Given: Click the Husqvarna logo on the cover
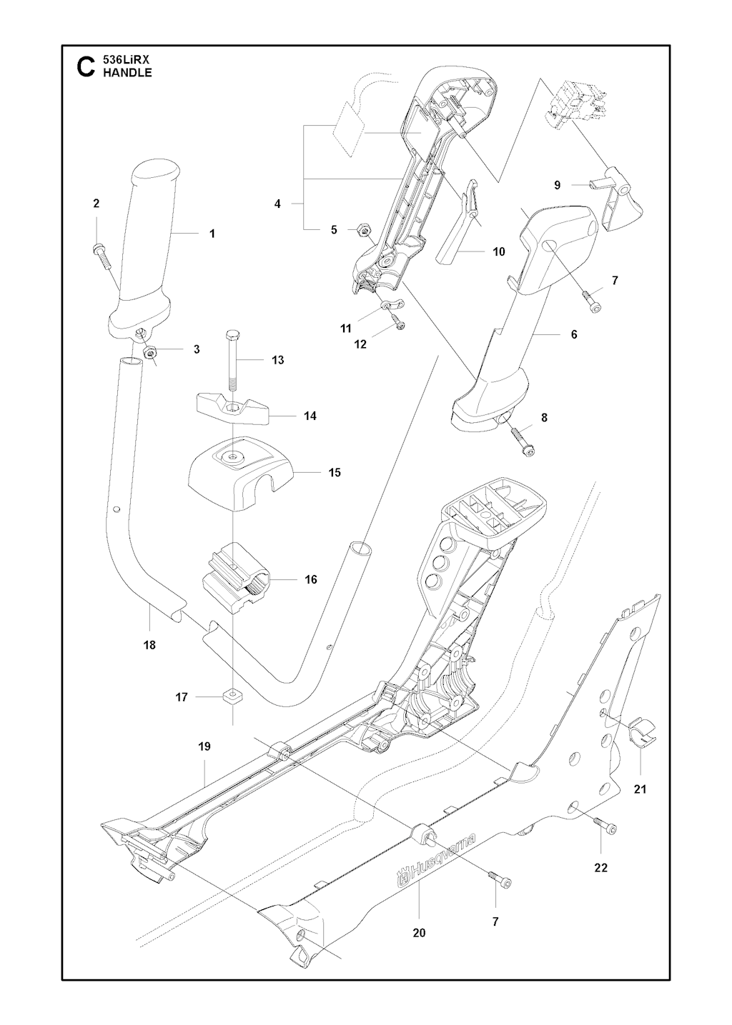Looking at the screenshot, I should point(437,865).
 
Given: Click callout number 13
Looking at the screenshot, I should point(278,360).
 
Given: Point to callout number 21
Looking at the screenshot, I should point(640,789).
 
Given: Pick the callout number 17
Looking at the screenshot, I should point(182,696).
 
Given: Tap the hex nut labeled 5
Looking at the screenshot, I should point(362,229).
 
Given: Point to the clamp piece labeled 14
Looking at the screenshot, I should point(231,409).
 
